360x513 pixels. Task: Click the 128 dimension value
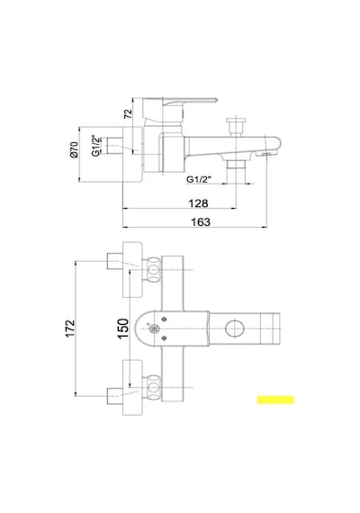198,203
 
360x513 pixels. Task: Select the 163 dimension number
201,221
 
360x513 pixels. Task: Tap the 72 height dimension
129,113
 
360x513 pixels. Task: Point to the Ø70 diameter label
75,149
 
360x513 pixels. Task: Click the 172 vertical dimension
69,328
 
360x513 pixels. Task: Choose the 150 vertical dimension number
123,328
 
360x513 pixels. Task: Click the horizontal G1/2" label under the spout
199,179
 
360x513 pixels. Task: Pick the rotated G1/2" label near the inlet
95,146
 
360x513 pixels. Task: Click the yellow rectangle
275,400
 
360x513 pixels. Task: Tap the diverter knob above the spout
236,126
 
